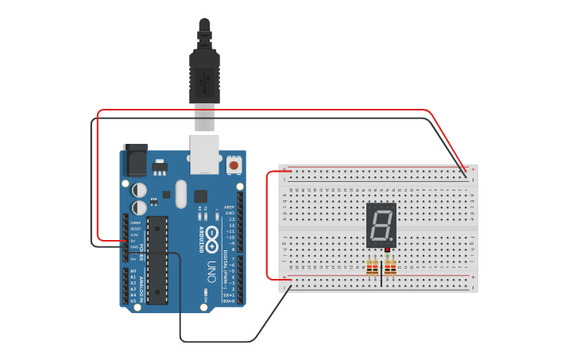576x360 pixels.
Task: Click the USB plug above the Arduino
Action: [x=205, y=75]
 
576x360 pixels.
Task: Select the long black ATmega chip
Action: [x=157, y=260]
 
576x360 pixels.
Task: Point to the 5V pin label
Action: [x=134, y=241]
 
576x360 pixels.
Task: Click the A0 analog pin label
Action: [x=133, y=271]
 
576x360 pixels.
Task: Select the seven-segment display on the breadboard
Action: [x=381, y=225]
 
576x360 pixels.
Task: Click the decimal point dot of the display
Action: [x=392, y=240]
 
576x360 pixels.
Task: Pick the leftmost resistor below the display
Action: [x=369, y=269]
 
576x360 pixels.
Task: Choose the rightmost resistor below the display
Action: [x=393, y=269]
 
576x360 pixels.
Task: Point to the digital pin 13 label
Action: [x=231, y=219]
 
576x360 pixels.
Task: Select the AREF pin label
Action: [x=230, y=207]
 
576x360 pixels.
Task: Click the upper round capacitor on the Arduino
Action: [x=139, y=189]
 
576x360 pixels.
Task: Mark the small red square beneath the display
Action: [x=388, y=250]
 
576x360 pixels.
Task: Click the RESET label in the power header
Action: [x=136, y=229]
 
